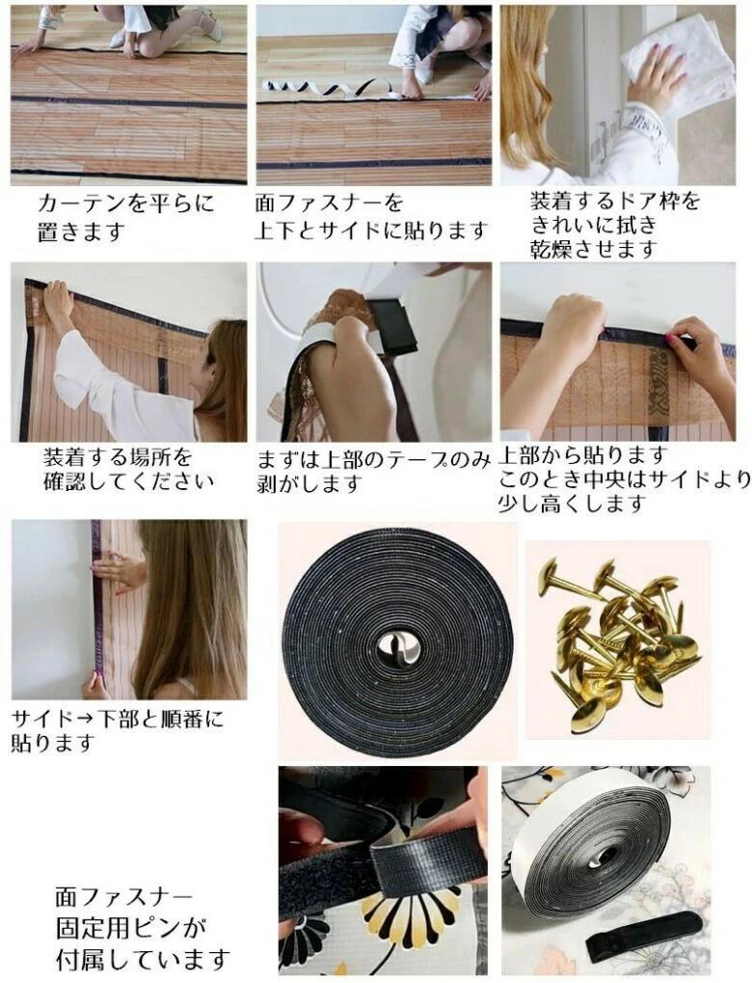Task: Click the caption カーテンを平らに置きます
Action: tap(125, 218)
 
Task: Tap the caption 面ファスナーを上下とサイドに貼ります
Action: tap(371, 218)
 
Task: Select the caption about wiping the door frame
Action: tap(614, 226)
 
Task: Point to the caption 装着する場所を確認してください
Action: tap(128, 469)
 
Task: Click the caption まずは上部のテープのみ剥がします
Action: tap(374, 472)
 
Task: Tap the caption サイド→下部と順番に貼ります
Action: tap(118, 730)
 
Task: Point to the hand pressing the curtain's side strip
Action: tap(120, 570)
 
